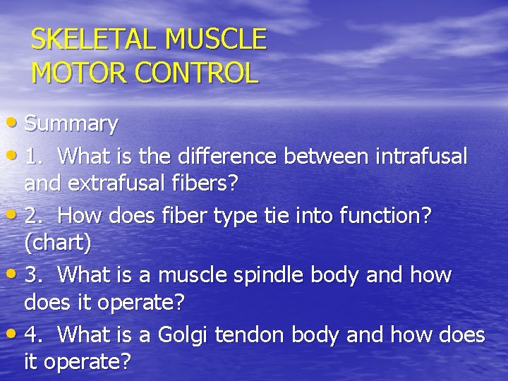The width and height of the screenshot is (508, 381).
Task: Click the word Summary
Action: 71,124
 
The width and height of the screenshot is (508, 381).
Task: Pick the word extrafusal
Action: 109,183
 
